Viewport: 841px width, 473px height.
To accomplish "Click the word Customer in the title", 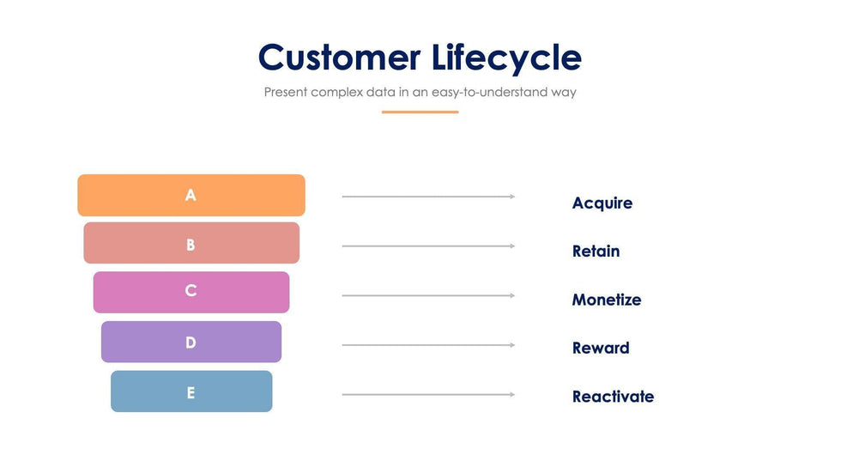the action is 340,57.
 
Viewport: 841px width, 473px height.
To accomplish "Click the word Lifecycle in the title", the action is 507,58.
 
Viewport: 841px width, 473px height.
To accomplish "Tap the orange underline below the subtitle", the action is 420,112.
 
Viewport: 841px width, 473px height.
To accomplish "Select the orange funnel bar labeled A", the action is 191,195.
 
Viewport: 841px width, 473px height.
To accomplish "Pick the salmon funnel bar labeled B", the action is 191,243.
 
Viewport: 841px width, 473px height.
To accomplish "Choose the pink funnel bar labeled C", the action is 191,292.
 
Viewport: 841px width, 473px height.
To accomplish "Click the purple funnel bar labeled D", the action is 191,342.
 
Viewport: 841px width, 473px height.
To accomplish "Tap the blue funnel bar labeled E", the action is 191,391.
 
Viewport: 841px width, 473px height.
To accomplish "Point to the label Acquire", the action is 602,203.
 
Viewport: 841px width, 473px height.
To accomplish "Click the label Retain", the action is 596,251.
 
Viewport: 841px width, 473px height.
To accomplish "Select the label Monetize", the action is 607,300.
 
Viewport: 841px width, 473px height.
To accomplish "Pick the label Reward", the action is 601,348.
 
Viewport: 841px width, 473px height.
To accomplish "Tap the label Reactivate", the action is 613,397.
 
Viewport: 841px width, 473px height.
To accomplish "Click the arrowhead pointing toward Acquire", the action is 512,197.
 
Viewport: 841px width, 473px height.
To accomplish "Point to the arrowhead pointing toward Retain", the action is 512,246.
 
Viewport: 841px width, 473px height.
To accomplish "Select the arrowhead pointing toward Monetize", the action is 512,295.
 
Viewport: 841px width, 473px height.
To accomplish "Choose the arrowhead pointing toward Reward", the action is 512,345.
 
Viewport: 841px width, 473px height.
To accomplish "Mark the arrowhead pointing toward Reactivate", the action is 512,395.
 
